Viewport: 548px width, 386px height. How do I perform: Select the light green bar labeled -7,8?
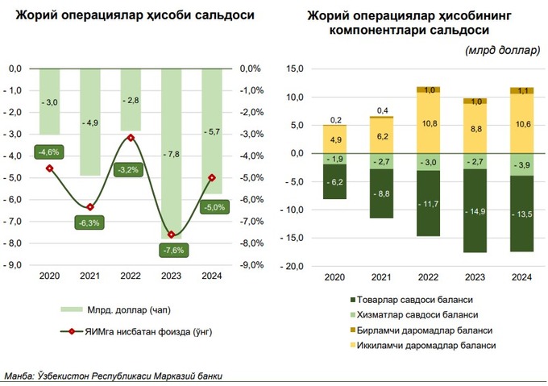click(x=172, y=151)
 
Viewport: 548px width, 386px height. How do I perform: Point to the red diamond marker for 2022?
click(x=131, y=138)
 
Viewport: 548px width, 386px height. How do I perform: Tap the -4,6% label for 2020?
click(x=49, y=151)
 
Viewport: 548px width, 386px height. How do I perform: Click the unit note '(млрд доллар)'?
click(x=502, y=51)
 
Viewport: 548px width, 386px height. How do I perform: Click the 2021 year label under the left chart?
click(x=90, y=276)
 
